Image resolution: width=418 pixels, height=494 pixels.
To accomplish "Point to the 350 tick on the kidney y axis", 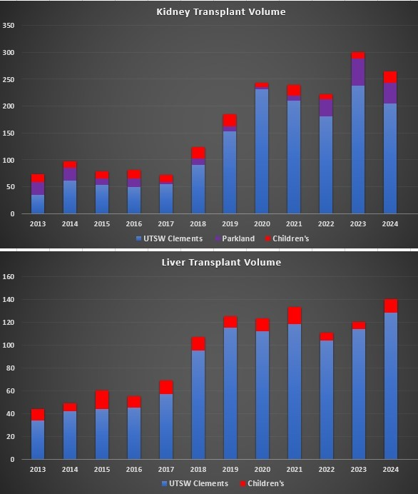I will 9,26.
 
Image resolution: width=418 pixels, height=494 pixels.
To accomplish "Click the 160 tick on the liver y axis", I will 9,277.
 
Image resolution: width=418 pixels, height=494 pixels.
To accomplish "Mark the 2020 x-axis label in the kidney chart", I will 262,223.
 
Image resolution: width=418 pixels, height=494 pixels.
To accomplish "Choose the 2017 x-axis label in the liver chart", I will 165,469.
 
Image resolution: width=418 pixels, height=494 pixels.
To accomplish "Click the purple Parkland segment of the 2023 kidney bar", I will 358,72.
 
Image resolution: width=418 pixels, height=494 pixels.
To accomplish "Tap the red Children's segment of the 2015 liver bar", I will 102,400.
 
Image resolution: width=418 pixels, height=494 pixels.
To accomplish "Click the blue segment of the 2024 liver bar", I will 390,385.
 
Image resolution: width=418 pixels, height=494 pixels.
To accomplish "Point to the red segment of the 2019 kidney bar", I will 230,120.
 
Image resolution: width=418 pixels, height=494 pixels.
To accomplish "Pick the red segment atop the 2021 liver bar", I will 294,316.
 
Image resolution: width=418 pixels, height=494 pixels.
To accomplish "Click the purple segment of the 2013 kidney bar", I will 38,188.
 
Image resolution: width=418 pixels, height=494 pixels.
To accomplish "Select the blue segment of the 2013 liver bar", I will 38,440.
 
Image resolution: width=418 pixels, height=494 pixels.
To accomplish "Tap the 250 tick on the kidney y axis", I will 9,79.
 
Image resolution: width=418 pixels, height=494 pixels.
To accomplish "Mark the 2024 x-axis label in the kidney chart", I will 390,223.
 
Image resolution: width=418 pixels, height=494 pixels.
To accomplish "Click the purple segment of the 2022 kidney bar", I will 326,107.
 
